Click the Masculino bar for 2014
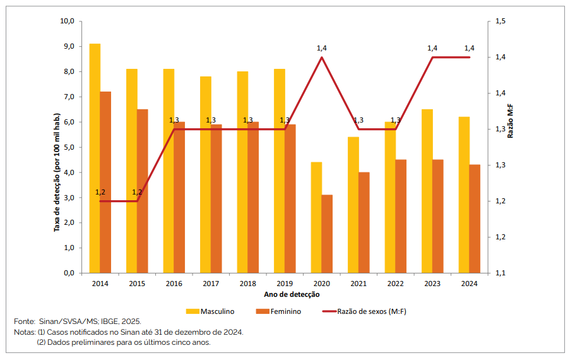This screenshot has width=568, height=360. (x=95, y=158)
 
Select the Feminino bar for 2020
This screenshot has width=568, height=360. (x=326, y=234)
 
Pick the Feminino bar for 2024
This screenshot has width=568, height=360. (x=475, y=219)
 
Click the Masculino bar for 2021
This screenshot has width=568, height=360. (x=353, y=205)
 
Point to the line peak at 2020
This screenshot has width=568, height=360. (x=322, y=57)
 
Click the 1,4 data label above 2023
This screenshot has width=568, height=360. (x=432, y=48)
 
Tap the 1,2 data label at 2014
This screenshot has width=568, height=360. (x=100, y=192)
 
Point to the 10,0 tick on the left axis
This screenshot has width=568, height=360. (x=68, y=21)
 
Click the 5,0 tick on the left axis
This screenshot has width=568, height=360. (x=69, y=147)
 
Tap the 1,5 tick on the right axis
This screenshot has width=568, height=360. (x=500, y=21)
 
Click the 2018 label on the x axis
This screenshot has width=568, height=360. (x=248, y=284)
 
